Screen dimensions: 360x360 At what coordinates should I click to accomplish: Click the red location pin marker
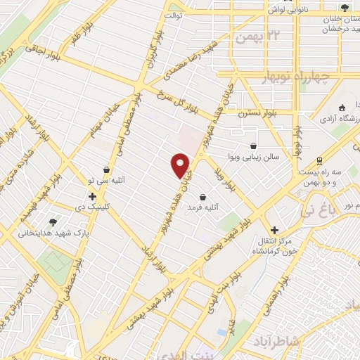(181, 165)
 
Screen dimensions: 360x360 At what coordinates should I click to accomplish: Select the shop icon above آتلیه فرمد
(203, 198)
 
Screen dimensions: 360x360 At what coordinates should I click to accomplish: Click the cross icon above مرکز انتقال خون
(275, 230)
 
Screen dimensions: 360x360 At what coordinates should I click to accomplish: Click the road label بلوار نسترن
(253, 112)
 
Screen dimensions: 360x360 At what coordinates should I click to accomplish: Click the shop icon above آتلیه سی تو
(106, 169)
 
